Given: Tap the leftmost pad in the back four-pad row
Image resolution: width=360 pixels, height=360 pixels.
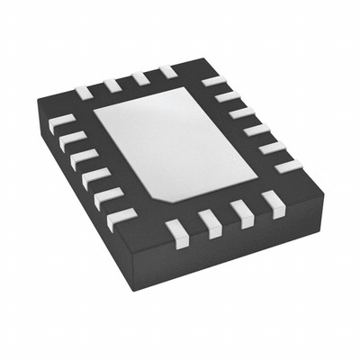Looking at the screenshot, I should tap(84, 91).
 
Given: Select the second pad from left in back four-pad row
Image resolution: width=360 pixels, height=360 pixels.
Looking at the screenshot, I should tap(112, 85).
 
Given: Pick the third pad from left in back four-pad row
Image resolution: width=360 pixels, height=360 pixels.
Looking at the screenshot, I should tap(139, 78).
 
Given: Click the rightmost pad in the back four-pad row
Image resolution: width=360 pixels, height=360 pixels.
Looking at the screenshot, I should tap(167, 71).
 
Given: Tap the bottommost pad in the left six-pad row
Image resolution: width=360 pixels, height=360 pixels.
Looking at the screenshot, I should tap(120, 219).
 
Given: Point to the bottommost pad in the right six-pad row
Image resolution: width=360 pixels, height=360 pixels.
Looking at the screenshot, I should tap(288, 166).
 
